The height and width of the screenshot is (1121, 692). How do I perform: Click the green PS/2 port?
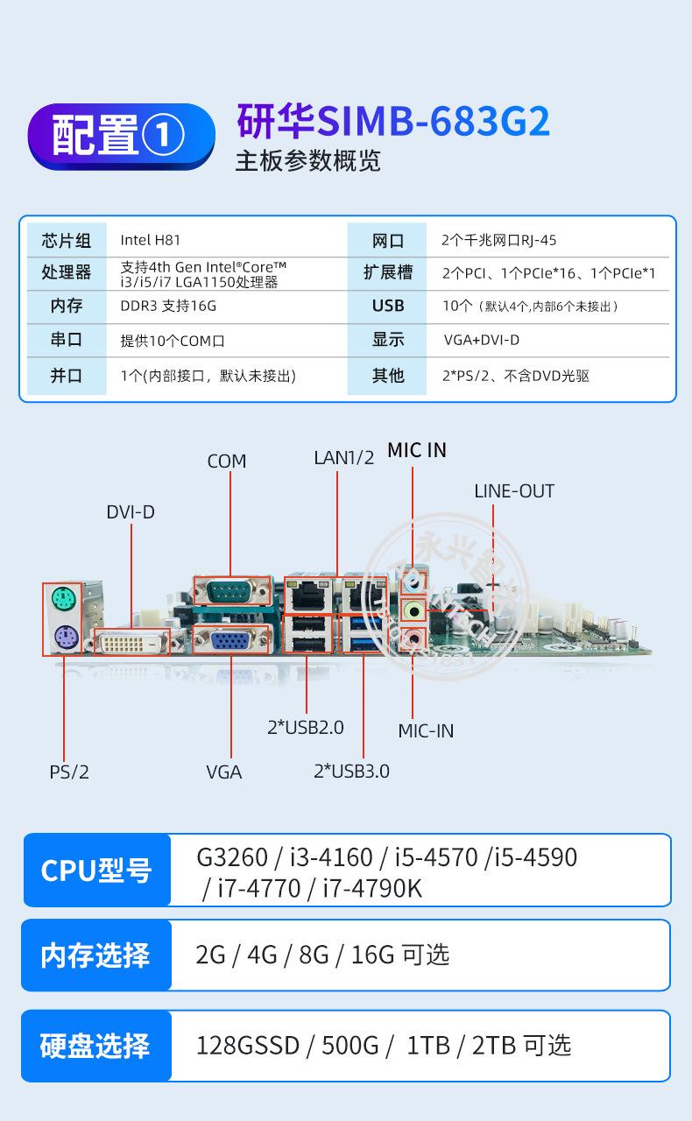[61, 599]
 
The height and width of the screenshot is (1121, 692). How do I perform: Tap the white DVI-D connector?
[132, 643]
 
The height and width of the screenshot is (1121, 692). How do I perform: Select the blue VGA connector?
[230, 642]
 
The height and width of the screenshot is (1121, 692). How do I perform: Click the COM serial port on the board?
[230, 591]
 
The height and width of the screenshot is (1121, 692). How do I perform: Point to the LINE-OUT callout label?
[514, 491]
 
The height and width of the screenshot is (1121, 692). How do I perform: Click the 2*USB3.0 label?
[351, 771]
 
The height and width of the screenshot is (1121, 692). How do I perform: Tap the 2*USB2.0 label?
[306, 727]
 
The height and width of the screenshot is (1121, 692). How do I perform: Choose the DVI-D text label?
[131, 511]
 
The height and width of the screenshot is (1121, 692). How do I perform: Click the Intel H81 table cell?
[151, 240]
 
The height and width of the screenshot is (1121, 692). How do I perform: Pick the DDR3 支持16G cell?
[168, 306]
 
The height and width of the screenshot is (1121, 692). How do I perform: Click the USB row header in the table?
[388, 306]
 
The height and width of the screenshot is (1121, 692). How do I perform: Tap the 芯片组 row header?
[67, 240]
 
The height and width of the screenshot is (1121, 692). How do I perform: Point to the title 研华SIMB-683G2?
[393, 122]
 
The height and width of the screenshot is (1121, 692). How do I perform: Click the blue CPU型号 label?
[96, 871]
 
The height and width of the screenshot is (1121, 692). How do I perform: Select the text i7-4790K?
[372, 888]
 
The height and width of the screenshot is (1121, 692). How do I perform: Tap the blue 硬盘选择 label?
[95, 1046]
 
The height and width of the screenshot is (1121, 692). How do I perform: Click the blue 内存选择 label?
[95, 955]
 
